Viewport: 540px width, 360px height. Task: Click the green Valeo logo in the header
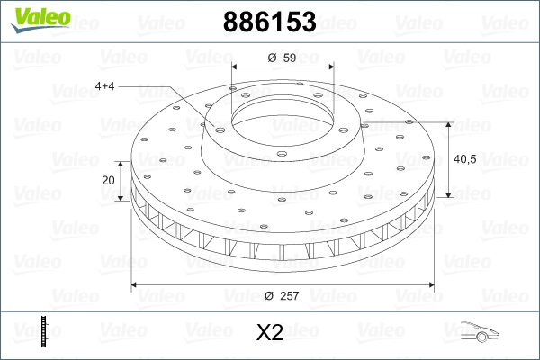pos(40,20)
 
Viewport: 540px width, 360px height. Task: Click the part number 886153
pos(270,22)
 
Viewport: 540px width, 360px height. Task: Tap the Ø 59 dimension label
pos(282,58)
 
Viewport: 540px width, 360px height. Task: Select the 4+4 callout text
pos(104,86)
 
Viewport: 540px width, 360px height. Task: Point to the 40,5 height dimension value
pos(465,159)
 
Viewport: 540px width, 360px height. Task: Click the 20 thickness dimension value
pos(108,180)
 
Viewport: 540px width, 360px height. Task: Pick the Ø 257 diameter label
pos(282,295)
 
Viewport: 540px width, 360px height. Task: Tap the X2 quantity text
pos(270,332)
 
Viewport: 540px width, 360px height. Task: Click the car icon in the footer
pos(480,331)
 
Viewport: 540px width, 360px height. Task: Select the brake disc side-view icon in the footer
pos(45,331)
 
